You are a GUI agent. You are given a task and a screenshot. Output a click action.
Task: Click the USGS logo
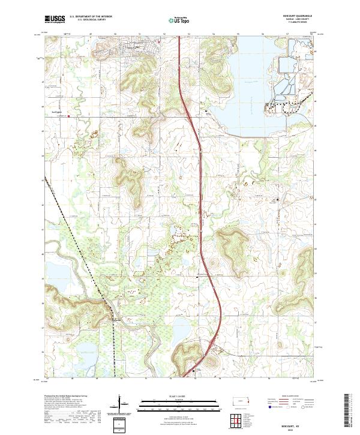coord(55,19)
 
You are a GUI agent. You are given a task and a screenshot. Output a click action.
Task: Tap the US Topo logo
coord(180,20)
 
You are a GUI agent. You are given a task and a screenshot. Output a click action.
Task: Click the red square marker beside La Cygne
coord(68,116)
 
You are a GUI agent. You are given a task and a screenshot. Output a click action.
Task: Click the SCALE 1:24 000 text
coord(179,397)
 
